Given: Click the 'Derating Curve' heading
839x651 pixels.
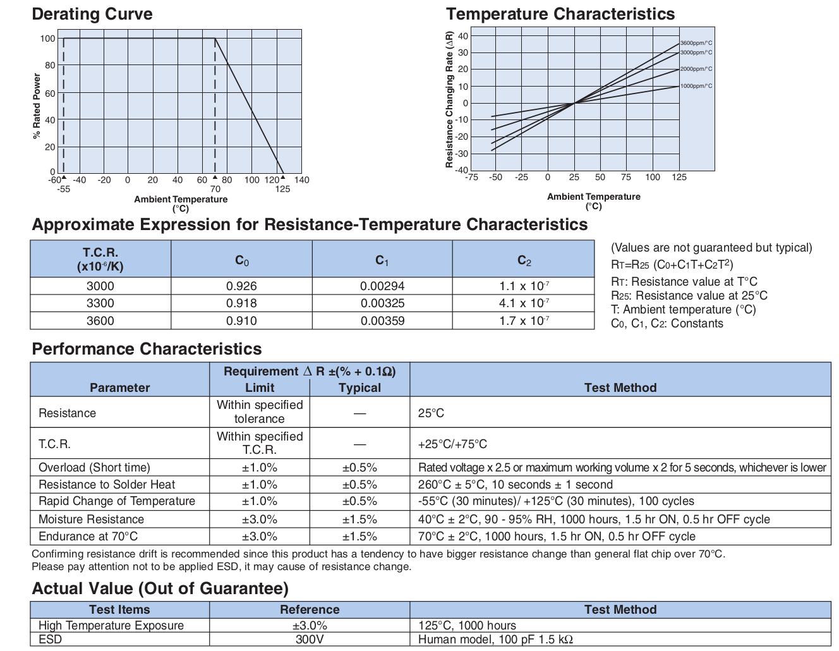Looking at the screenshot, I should pyautogui.click(x=92, y=15).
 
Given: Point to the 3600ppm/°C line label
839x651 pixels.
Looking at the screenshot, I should pyautogui.click(x=696, y=43).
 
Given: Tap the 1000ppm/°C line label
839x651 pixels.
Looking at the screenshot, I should pyautogui.click(x=696, y=86).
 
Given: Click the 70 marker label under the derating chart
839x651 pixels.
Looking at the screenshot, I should pyautogui.click(x=215, y=189).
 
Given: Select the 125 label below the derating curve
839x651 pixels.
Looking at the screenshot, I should pyautogui.click(x=282, y=189).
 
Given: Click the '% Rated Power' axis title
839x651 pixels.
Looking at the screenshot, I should pyautogui.click(x=37, y=106).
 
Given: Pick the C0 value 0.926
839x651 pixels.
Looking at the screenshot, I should pyautogui.click(x=241, y=286).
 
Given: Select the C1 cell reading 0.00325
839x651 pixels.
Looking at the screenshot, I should pyautogui.click(x=382, y=303).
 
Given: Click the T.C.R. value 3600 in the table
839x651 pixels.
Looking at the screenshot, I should pyautogui.click(x=100, y=321).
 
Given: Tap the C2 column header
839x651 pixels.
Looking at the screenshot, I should pyautogui.click(x=524, y=260).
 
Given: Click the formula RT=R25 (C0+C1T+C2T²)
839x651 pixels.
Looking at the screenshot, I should pyautogui.click(x=672, y=264).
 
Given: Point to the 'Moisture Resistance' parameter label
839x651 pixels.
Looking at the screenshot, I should pyautogui.click(x=91, y=520).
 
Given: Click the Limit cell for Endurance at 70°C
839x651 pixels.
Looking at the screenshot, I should pyautogui.click(x=259, y=537).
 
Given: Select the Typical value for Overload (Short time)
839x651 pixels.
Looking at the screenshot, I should pyautogui.click(x=359, y=468).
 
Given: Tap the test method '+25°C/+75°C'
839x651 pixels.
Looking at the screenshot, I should pyautogui.click(x=452, y=444).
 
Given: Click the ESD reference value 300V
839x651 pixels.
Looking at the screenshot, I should pyautogui.click(x=310, y=639).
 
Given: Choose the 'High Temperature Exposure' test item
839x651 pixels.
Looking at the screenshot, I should pyautogui.click(x=111, y=625).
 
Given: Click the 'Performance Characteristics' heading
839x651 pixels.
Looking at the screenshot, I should pyautogui.click(x=147, y=349).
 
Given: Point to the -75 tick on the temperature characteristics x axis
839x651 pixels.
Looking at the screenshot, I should pyautogui.click(x=471, y=178).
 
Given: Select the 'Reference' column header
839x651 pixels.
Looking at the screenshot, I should pyautogui.click(x=310, y=610).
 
